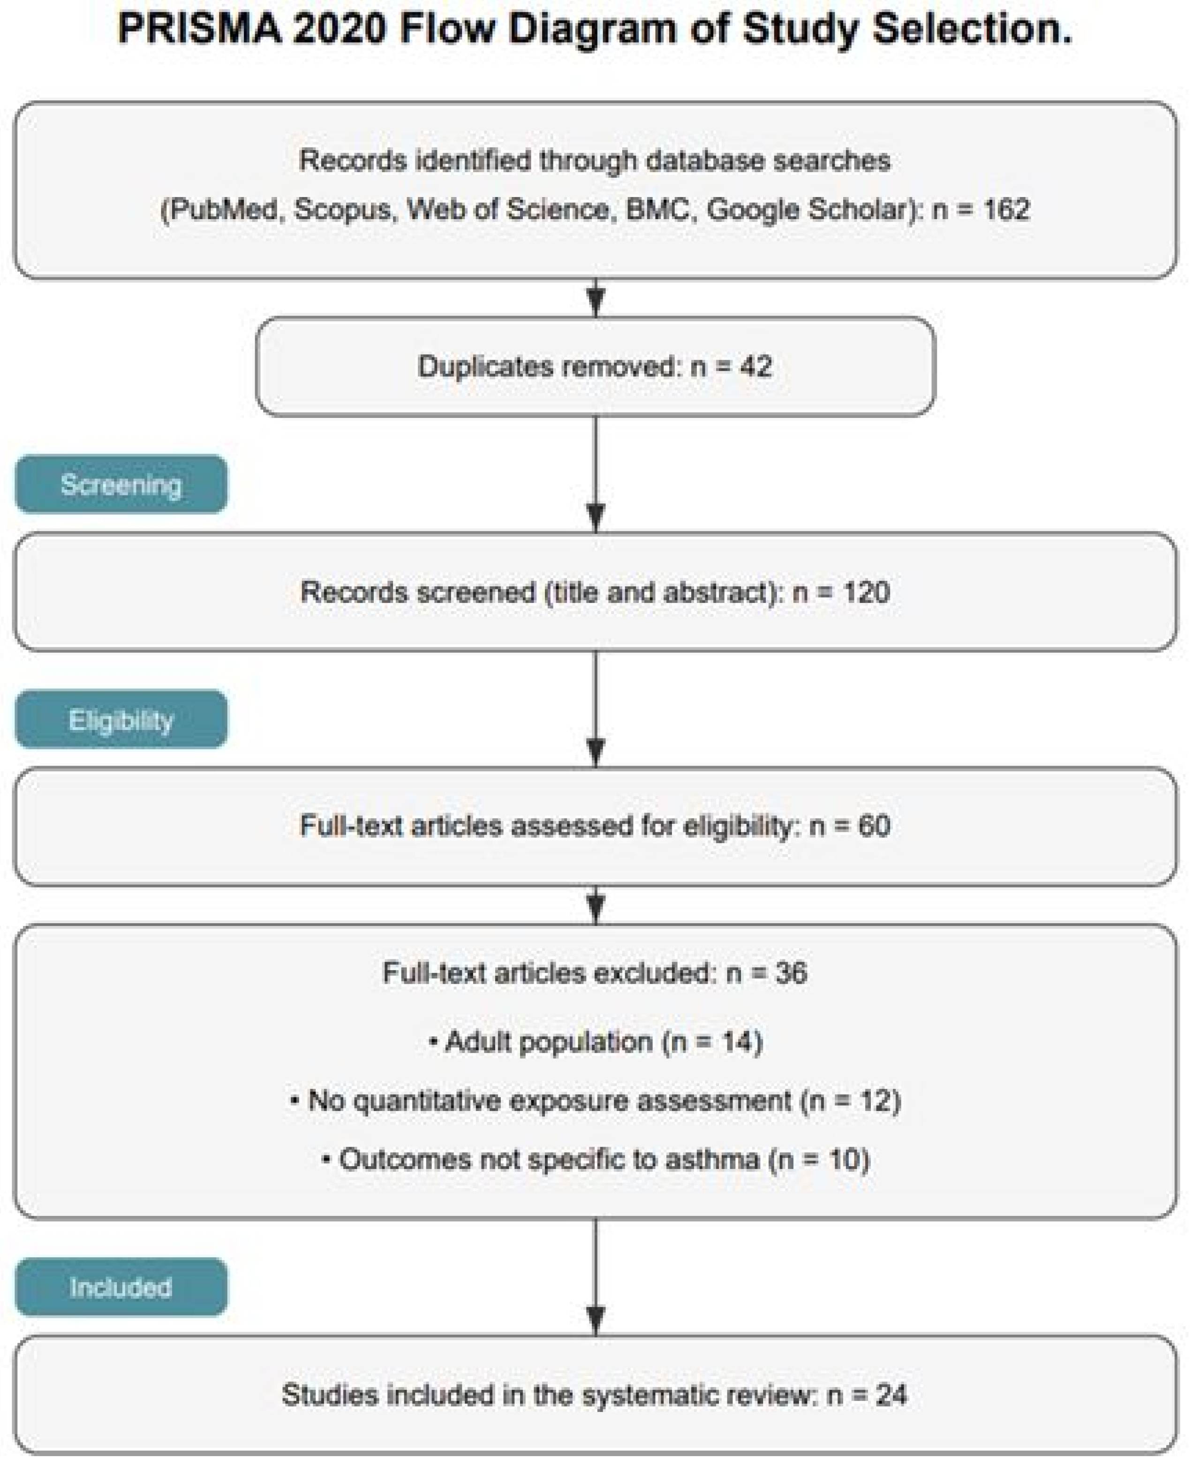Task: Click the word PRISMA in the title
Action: pyautogui.click(x=199, y=30)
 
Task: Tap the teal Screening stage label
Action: pyautogui.click(x=121, y=485)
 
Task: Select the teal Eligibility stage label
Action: pyautogui.click(x=121, y=720)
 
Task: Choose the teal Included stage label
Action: pyautogui.click(x=121, y=1287)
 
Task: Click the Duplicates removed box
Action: pyautogui.click(x=595, y=366)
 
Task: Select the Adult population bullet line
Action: pyautogui.click(x=595, y=1042)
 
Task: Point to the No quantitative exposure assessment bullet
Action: pyautogui.click(x=595, y=1101)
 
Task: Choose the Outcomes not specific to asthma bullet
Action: pyautogui.click(x=595, y=1160)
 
